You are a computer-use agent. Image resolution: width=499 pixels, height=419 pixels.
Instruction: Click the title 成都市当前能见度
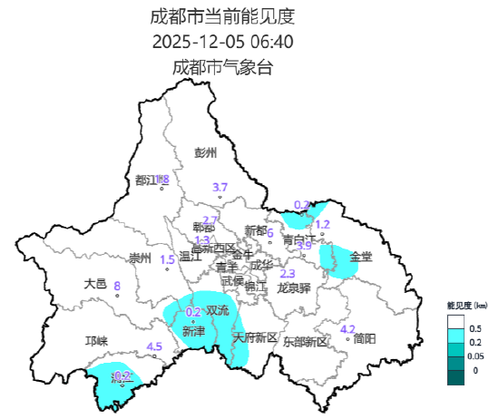coord(222,16)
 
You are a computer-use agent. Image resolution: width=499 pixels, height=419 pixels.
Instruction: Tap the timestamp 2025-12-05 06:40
coord(222,42)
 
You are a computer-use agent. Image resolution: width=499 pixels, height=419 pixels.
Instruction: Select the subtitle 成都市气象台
coord(222,67)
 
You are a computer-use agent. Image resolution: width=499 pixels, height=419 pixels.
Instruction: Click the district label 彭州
coord(207,152)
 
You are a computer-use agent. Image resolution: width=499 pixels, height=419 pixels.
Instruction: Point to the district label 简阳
coord(365,338)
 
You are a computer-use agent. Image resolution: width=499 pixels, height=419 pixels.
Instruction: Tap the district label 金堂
coord(360,257)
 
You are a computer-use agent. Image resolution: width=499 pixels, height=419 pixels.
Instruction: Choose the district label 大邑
coord(95,284)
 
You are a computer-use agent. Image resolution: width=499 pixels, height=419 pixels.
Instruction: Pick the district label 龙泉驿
coord(293,287)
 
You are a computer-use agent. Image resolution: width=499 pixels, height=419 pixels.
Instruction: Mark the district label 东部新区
coord(304,342)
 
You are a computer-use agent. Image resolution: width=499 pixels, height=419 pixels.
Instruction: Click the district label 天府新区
coord(255,337)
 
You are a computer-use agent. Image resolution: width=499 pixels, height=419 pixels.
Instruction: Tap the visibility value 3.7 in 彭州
coord(220,188)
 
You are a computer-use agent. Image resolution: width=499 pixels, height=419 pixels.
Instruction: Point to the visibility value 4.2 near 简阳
coord(347,329)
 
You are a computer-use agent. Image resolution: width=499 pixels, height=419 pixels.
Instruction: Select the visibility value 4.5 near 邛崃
coord(154,346)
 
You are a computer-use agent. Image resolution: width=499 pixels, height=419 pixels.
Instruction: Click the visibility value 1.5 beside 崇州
coord(168,260)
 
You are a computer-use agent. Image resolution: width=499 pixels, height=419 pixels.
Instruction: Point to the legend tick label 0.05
coord(476,358)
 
